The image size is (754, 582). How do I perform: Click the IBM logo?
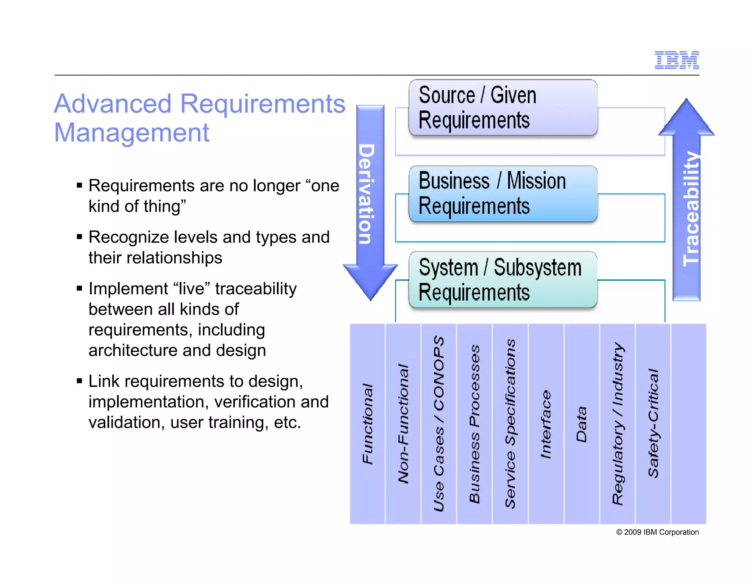coord(677,60)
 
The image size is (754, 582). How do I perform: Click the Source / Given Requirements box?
coord(503,108)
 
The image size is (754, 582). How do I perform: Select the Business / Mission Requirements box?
coord(503,194)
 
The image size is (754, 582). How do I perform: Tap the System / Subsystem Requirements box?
coord(503,280)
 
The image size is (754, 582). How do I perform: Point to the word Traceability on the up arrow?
coord(691,209)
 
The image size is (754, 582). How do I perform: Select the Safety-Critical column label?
coord(653,423)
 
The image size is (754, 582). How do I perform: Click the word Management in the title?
coord(131,133)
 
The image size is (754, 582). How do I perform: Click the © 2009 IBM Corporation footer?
coord(657,532)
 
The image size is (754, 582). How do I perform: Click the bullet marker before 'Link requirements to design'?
coord(79,381)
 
